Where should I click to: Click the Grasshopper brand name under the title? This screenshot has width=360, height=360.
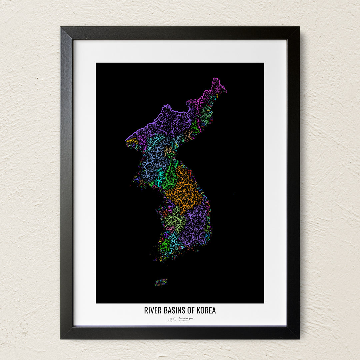(x=185, y=318)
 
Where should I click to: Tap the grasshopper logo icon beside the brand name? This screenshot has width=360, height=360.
(x=172, y=319)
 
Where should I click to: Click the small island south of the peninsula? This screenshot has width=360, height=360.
(x=161, y=282)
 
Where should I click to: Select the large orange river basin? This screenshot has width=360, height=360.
(x=183, y=190)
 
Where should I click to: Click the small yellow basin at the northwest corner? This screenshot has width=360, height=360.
(x=132, y=141)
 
